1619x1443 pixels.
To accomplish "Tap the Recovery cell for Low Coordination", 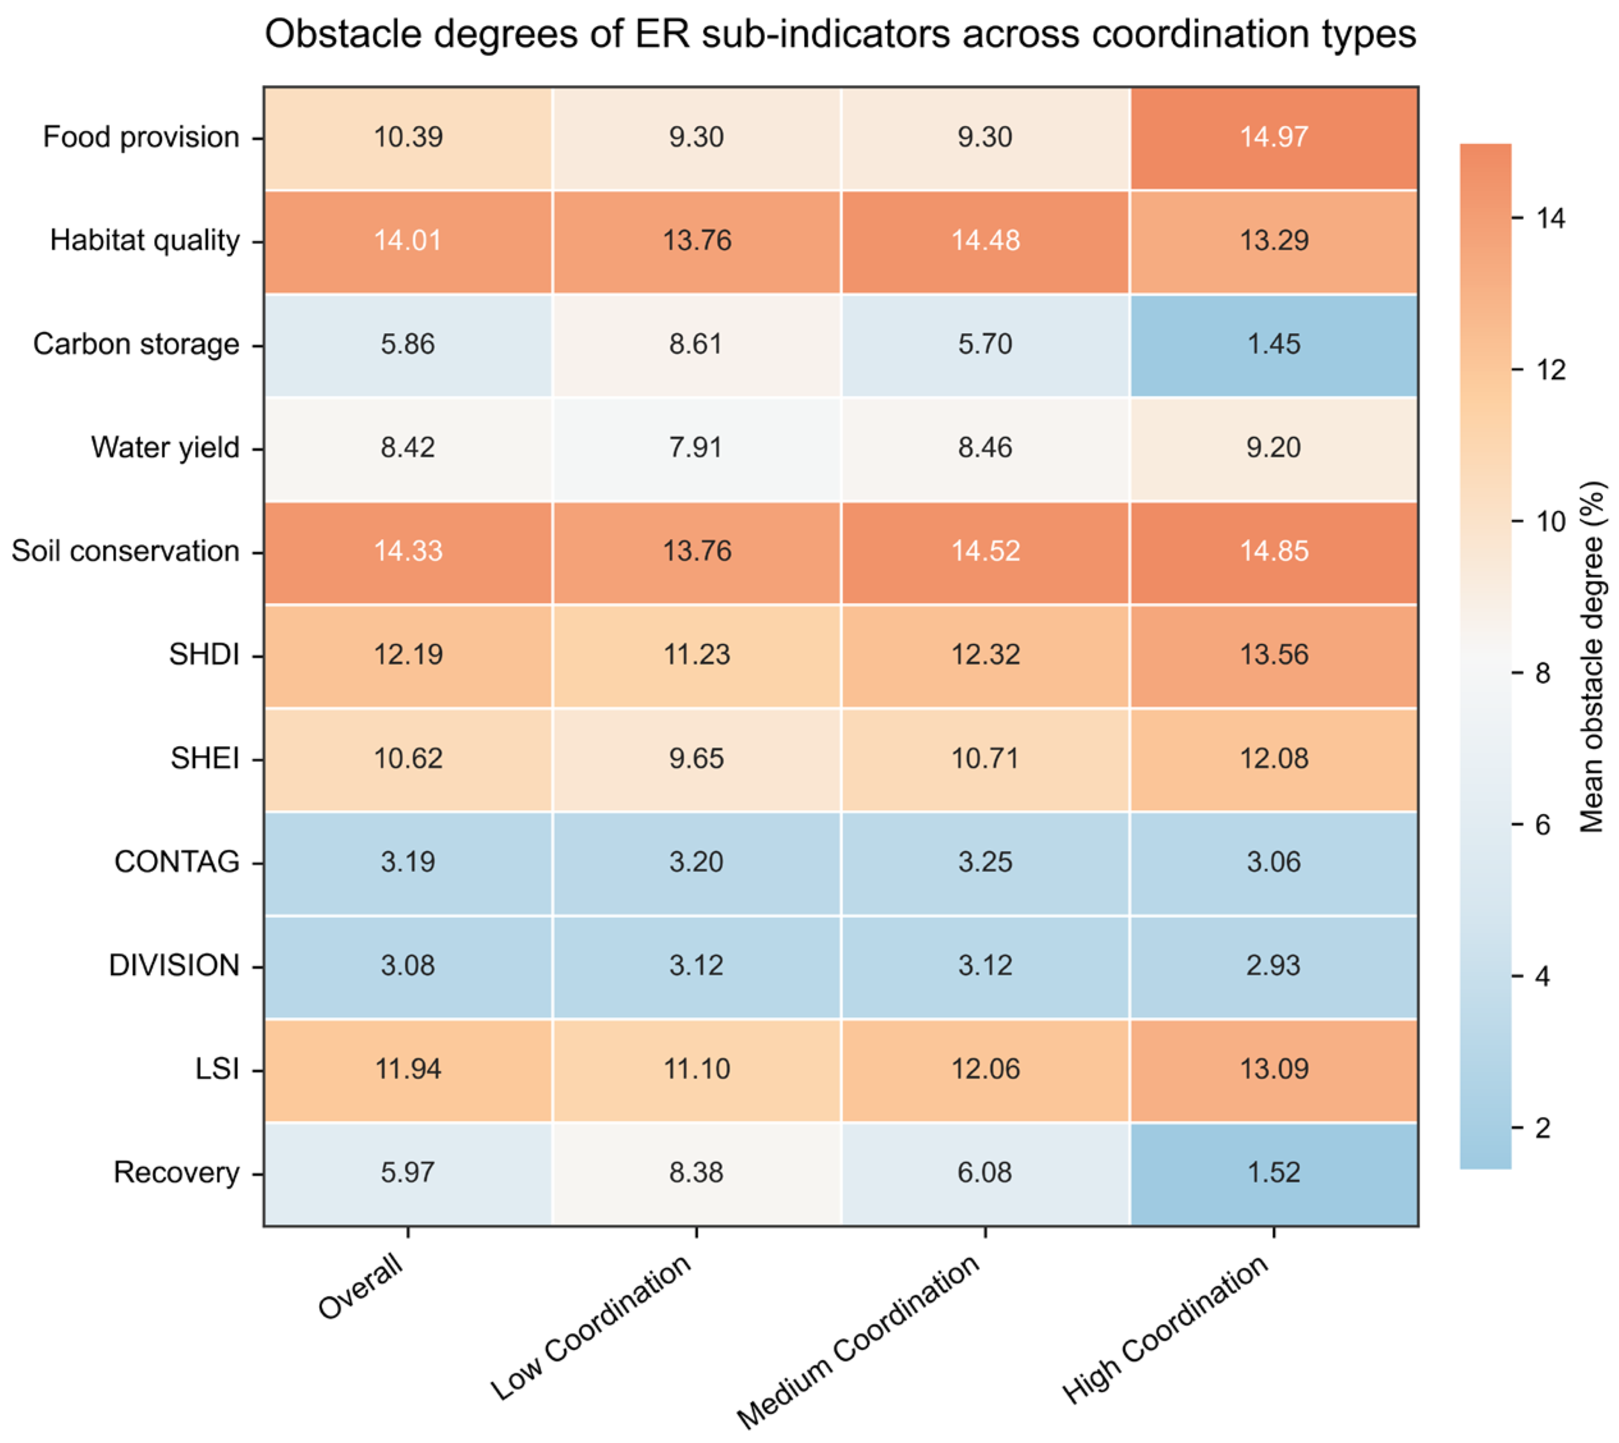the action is click(697, 1173).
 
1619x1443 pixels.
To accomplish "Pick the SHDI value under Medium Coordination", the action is click(985, 655).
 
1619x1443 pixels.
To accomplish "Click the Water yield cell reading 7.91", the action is click(697, 448).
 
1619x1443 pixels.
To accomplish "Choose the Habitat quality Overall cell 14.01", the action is click(407, 241).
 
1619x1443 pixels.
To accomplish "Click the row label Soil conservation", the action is click(125, 551).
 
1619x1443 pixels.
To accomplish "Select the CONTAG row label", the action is click(177, 862).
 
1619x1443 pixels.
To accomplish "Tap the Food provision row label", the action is click(141, 137).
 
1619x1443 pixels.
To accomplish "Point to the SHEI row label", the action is click(205, 759).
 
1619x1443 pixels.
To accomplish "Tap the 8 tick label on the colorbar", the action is click(1542, 673).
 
